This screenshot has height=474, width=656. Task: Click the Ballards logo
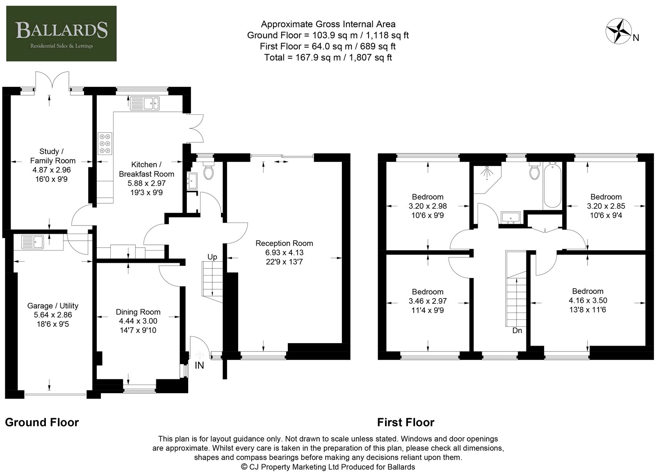click(x=61, y=33)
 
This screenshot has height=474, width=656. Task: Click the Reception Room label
click(x=284, y=243)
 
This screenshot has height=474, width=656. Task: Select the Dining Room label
click(x=138, y=312)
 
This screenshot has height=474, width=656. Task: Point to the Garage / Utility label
click(x=53, y=305)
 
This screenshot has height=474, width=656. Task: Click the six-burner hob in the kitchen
click(x=105, y=144)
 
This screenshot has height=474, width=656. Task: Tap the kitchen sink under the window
click(x=145, y=103)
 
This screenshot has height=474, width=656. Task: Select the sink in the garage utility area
click(x=32, y=242)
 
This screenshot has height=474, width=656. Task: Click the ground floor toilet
click(x=209, y=171)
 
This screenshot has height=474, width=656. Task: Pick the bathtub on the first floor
click(x=552, y=185)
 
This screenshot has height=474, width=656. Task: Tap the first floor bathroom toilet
click(x=535, y=171)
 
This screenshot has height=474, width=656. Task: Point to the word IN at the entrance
click(x=199, y=365)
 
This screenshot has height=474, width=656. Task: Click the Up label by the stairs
click(x=212, y=257)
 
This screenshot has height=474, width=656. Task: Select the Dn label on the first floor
click(x=517, y=330)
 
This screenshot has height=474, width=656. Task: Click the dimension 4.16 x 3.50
click(x=588, y=300)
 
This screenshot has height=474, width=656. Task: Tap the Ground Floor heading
click(x=42, y=422)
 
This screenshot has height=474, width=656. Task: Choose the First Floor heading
click(x=405, y=422)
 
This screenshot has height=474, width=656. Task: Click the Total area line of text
click(x=328, y=57)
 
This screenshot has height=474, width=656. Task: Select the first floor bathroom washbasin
click(x=510, y=217)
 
